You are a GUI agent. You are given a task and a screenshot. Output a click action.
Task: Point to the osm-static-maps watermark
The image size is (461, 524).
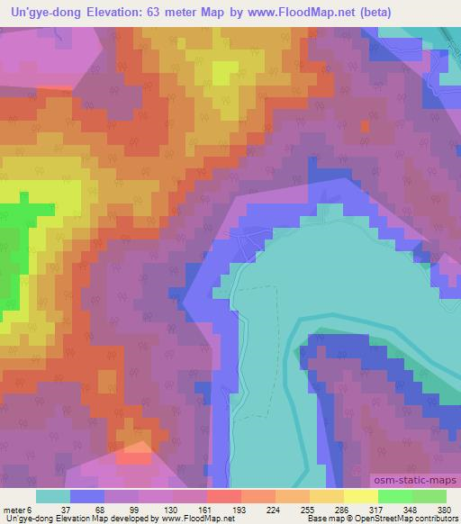414,483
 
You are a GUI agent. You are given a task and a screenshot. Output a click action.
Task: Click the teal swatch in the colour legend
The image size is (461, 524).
52,496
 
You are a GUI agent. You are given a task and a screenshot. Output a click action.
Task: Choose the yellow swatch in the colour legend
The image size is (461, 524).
360,496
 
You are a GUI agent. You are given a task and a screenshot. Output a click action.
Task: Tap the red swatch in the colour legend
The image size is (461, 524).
223,496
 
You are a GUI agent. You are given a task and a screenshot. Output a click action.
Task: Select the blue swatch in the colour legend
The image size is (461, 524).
86,496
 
